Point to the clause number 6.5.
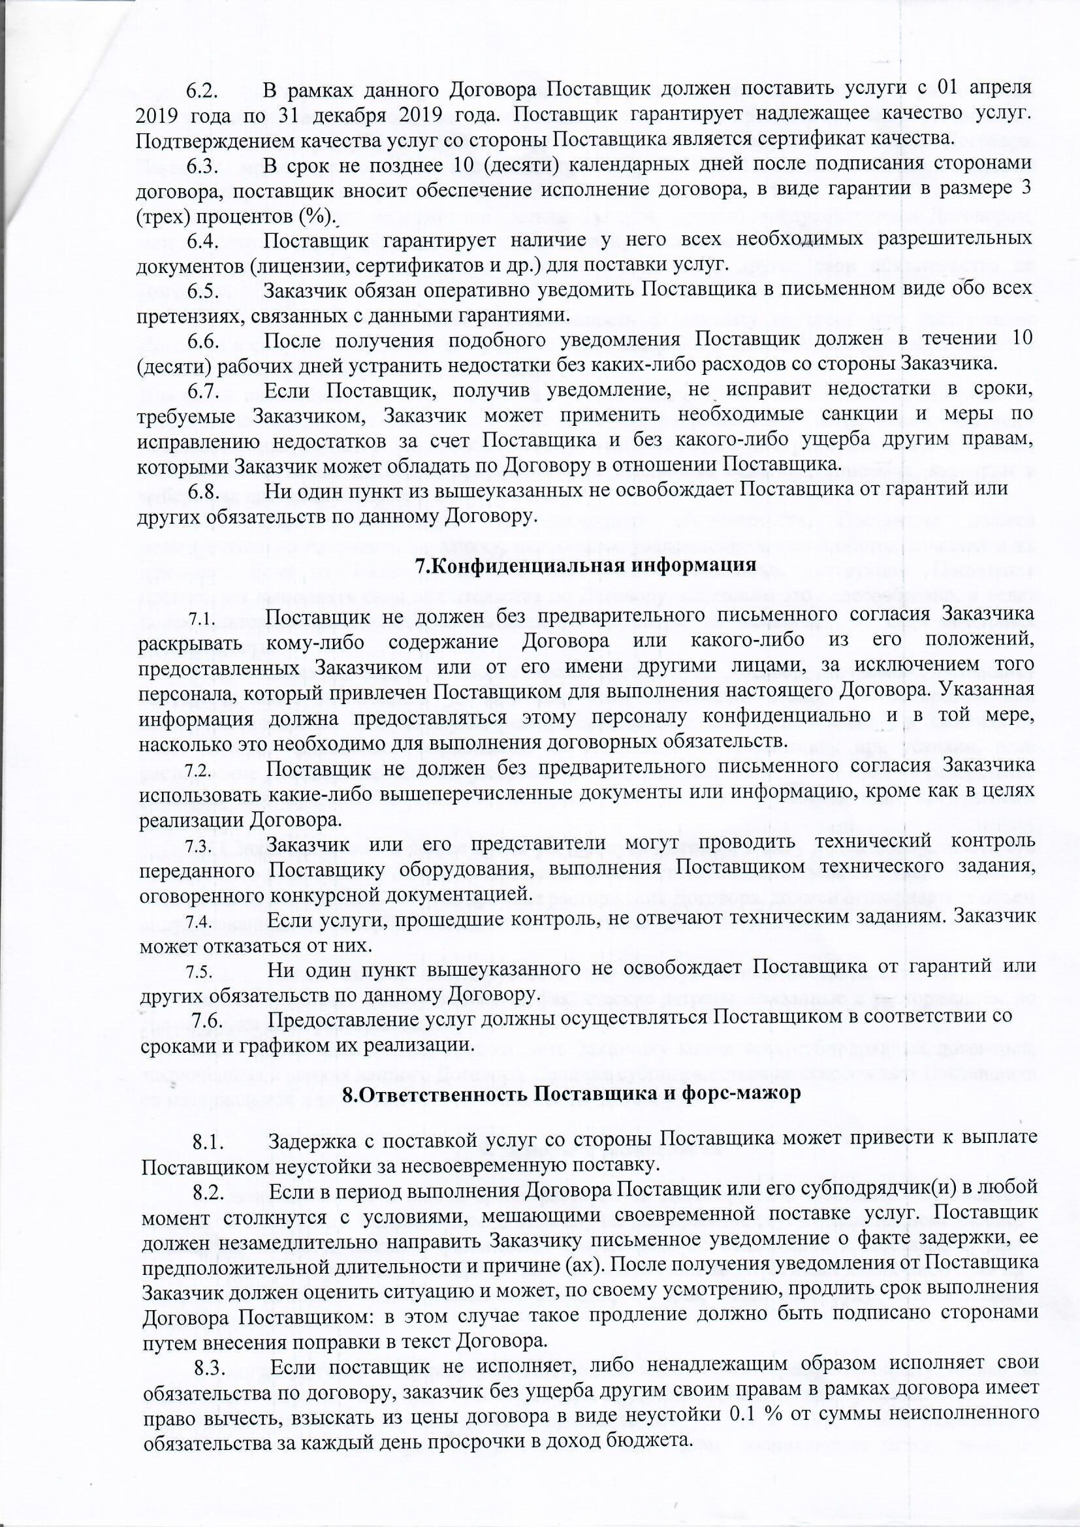[x=203, y=290]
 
